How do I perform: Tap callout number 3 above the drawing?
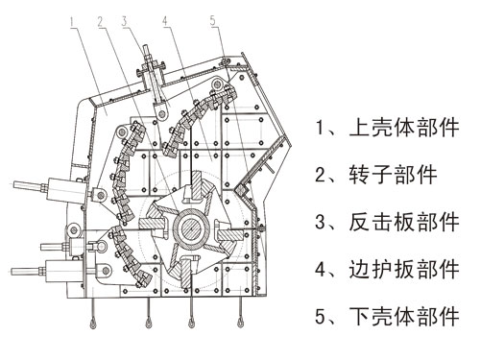[x=123, y=20]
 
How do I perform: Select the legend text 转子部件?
[x=388, y=175]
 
